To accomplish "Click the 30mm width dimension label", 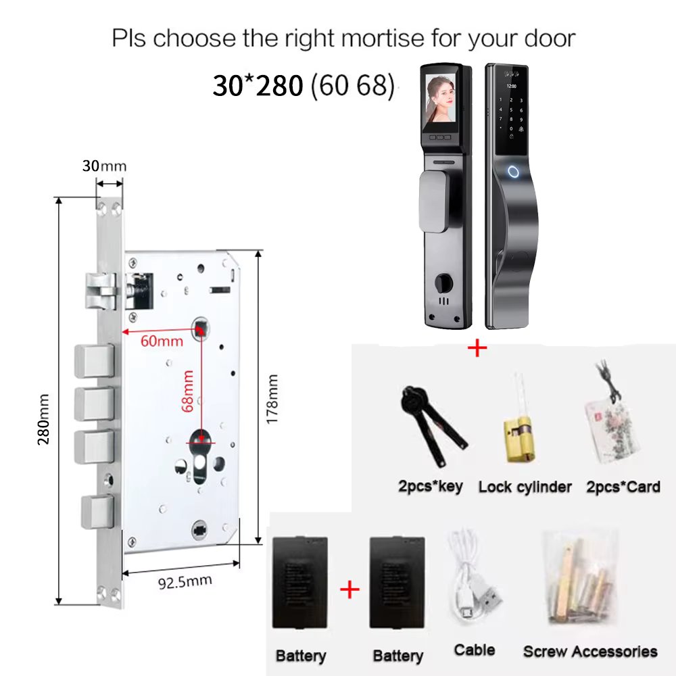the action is tap(104, 166).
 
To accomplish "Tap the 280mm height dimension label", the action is tap(43, 420).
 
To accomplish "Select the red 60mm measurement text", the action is tap(162, 341).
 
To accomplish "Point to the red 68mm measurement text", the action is tap(187, 391).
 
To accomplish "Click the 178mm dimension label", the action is tap(272, 400).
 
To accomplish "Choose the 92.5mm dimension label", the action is tap(185, 582).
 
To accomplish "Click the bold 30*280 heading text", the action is tap(258, 85).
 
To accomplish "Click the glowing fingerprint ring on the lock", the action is tap(513, 172).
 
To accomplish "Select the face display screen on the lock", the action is tap(441, 102).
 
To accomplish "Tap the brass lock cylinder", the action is tap(520, 439).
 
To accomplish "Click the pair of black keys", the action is tap(432, 425).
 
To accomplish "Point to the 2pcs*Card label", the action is tap(623, 487).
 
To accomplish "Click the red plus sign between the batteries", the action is tap(349, 589).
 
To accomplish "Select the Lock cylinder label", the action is tap(525, 487).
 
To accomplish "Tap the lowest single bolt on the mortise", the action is tap(97, 512).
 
